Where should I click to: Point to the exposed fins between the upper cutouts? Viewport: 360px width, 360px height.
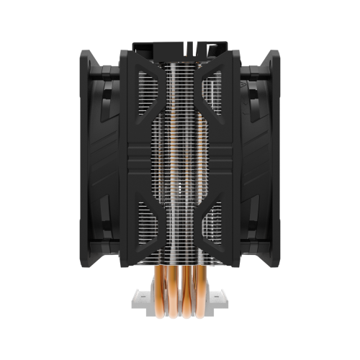[x=180, y=94]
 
